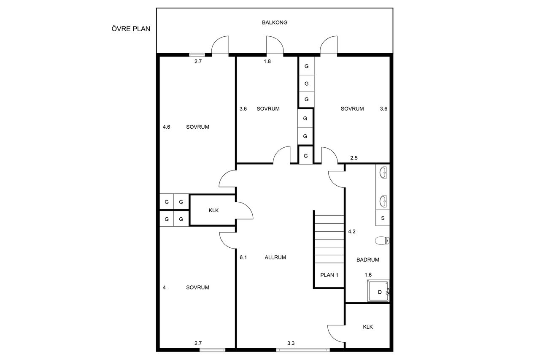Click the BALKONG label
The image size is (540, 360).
tap(275, 22)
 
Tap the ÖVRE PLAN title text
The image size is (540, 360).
tap(131, 29)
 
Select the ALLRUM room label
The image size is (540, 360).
tap(275, 257)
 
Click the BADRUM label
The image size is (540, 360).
tap(367, 260)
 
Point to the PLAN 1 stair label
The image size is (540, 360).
tap(329, 275)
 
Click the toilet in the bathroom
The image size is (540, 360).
tap(382, 241)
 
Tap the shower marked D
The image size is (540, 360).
tap(378, 291)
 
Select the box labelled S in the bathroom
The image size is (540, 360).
tap(383, 218)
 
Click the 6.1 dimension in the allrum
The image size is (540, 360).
tap(243, 257)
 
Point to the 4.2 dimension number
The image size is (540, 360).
tap(352, 231)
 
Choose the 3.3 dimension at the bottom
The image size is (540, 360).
tap(291, 343)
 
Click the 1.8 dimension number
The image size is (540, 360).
tap(267, 62)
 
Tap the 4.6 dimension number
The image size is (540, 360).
tap(166, 127)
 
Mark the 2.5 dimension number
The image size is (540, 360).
tap(354, 158)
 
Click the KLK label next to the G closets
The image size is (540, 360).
tap(213, 211)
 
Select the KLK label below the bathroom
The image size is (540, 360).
tap(368, 327)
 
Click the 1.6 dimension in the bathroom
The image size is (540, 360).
tap(368, 275)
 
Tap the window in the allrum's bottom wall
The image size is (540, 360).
tap(303, 349)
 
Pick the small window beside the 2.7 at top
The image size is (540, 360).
tap(197, 55)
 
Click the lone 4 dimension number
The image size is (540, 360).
tap(164, 287)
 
